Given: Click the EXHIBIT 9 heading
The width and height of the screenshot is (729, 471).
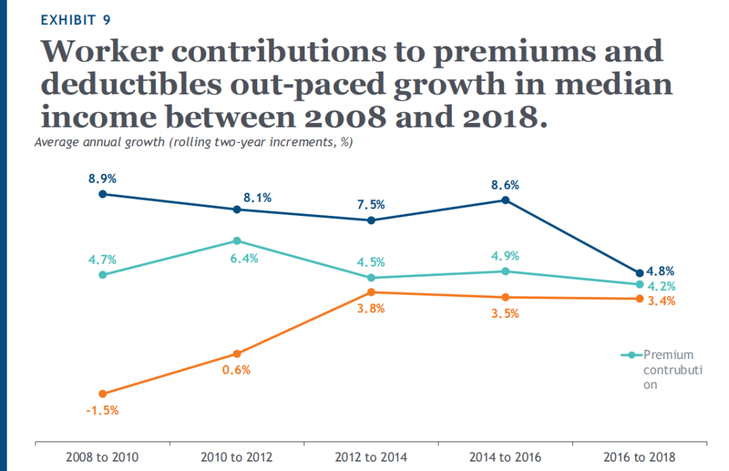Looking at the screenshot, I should [x=76, y=20].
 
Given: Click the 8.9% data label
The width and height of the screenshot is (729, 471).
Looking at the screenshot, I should [x=102, y=179].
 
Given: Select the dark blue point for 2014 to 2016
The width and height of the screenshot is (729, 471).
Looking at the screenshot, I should [x=505, y=200].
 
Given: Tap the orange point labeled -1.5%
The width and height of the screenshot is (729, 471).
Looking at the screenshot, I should [x=102, y=393].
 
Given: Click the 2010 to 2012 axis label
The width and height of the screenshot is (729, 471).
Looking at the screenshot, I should [x=236, y=458].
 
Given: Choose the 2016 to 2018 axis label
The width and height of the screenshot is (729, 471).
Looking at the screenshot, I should [x=639, y=458].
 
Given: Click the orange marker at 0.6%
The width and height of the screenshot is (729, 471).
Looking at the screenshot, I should [x=237, y=354].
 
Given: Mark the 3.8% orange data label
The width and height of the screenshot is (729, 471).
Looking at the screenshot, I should [x=371, y=309].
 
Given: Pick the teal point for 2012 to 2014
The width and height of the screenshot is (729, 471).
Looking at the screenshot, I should [x=371, y=277].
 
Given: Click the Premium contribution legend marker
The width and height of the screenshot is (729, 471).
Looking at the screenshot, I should [x=630, y=355].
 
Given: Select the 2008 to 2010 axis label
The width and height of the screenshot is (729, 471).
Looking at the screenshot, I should [x=102, y=458].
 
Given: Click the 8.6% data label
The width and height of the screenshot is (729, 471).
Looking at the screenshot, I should [x=505, y=185].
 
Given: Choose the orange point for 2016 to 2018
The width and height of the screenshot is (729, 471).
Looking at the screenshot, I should [x=639, y=299].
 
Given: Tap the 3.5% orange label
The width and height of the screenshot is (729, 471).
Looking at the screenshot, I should [x=505, y=314].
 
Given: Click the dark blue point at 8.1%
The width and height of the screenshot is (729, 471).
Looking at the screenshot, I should [x=237, y=209].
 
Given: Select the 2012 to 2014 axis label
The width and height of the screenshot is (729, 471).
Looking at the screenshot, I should [x=371, y=458].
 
